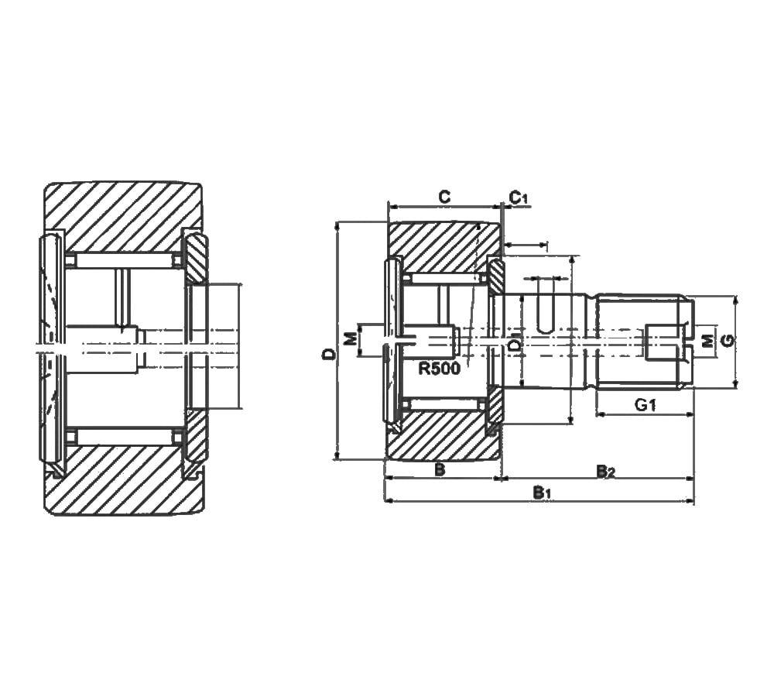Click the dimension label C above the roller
(444, 197)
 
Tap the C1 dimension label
(519, 198)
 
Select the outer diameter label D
(329, 355)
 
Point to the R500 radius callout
(439, 369)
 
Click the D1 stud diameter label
(515, 342)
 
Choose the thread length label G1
(645, 404)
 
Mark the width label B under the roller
(439, 469)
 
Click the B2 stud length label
(604, 471)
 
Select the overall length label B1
(542, 493)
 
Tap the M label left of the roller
(350, 339)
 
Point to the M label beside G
(705, 341)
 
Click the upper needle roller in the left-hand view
(124, 261)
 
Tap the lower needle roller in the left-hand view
(124, 437)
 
